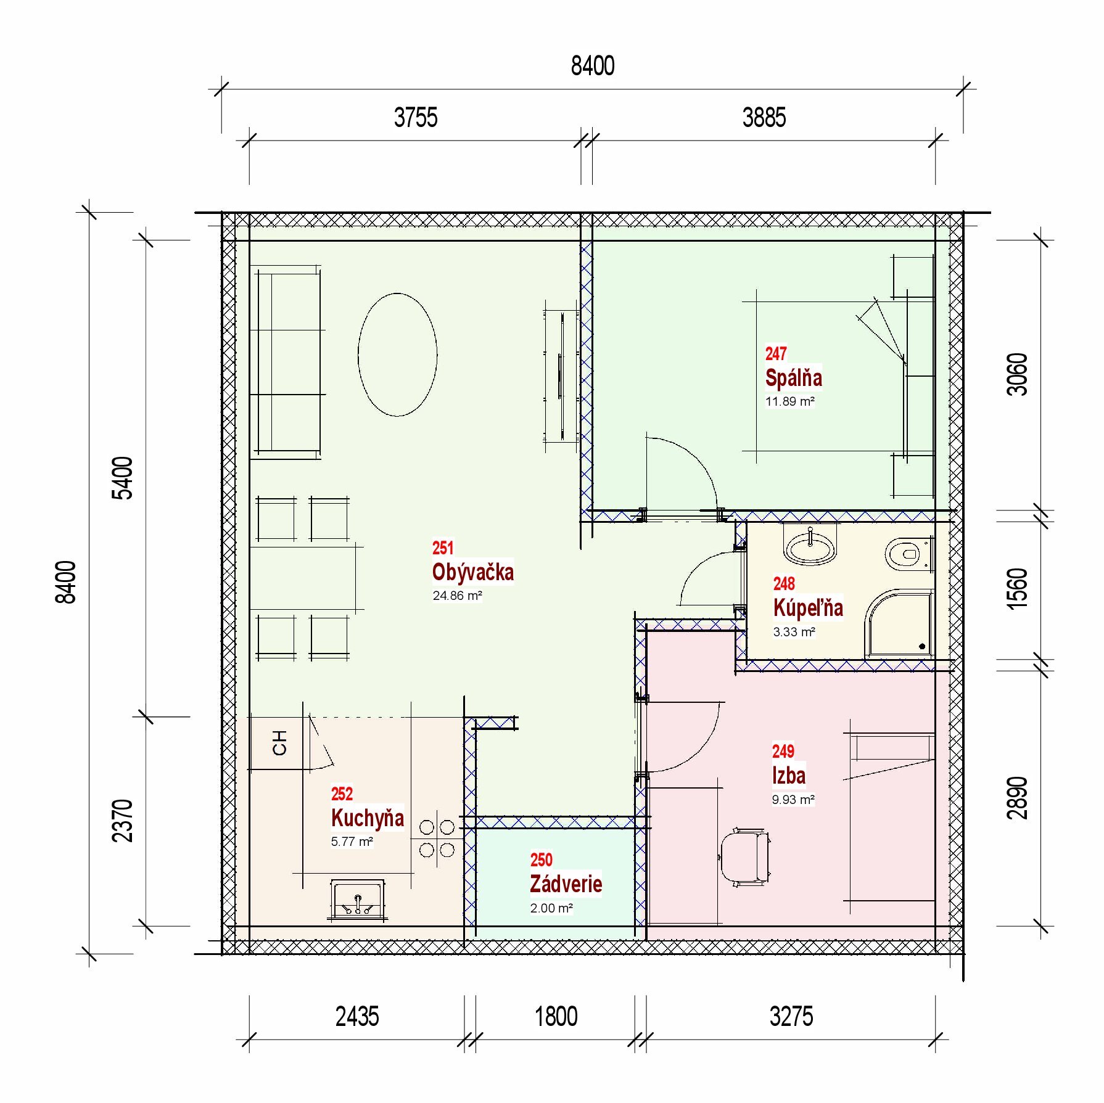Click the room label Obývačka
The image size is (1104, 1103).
(472, 572)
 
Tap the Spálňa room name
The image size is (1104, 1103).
(793, 377)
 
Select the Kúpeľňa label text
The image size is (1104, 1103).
(808, 607)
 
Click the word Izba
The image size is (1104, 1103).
(788, 775)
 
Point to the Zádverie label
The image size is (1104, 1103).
(566, 884)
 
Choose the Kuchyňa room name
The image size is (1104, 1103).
(367, 818)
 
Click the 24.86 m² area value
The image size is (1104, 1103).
(457, 596)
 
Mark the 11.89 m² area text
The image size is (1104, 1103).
(790, 401)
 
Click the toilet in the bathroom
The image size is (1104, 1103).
(908, 554)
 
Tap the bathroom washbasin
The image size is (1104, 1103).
(810, 544)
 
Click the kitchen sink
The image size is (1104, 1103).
(357, 900)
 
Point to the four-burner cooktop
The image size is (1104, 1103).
(437, 838)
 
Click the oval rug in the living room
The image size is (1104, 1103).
(398, 355)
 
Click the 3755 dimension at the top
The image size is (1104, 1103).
(416, 117)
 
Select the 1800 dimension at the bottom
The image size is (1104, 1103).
(556, 1016)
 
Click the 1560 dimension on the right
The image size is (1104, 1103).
(1017, 589)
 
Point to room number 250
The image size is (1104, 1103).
(541, 859)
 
